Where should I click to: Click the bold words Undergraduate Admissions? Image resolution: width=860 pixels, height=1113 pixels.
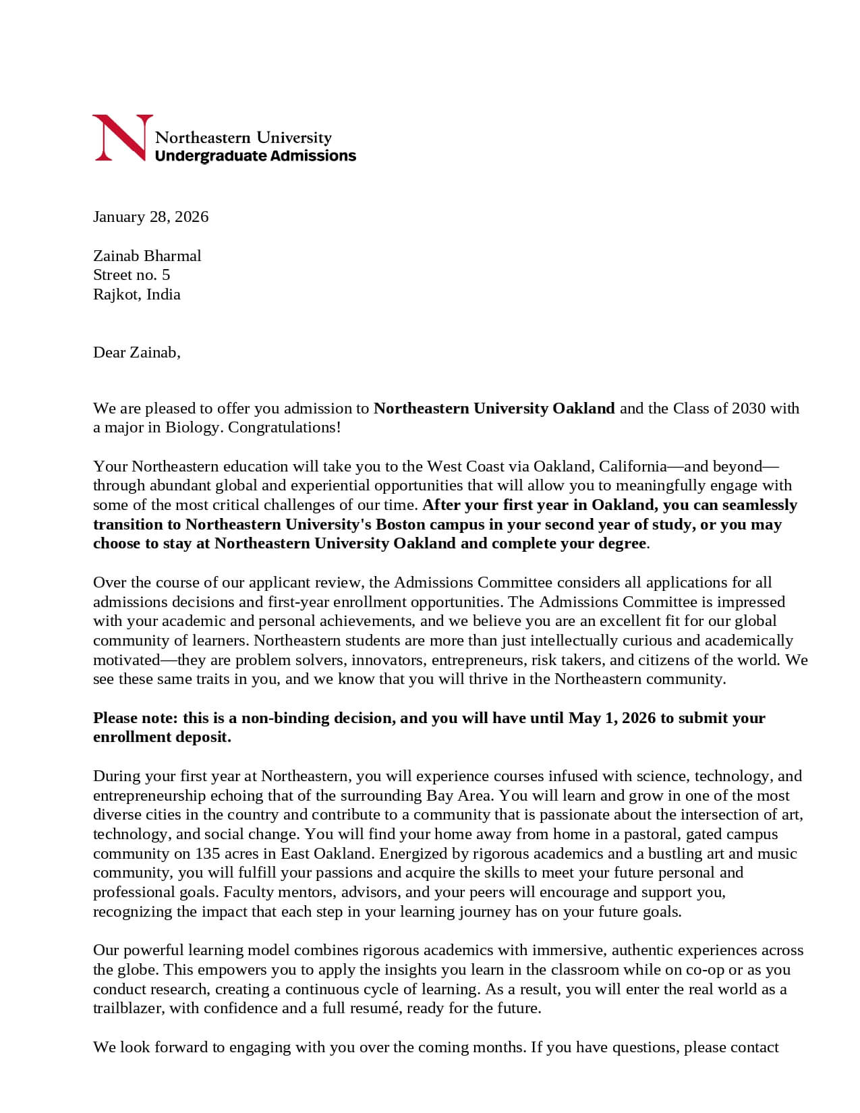pyautogui.click(x=255, y=156)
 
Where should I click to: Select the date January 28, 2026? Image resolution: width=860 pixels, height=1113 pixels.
pyautogui.click(x=150, y=217)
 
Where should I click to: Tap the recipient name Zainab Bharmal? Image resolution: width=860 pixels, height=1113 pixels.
pyautogui.click(x=147, y=256)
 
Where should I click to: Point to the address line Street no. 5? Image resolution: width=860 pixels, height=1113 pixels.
pyautogui.click(x=132, y=275)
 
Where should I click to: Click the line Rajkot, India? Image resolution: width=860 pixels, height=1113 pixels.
pyautogui.click(x=137, y=294)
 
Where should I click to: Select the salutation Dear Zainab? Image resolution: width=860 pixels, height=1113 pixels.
pyautogui.click(x=137, y=352)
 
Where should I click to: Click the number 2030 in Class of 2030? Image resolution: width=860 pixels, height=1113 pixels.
pyautogui.click(x=748, y=408)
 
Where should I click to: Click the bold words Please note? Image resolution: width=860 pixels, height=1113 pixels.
pyautogui.click(x=136, y=718)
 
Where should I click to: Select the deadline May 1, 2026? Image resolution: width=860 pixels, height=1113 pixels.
pyautogui.click(x=612, y=718)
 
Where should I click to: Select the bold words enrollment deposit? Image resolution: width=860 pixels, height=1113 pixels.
pyautogui.click(x=162, y=737)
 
